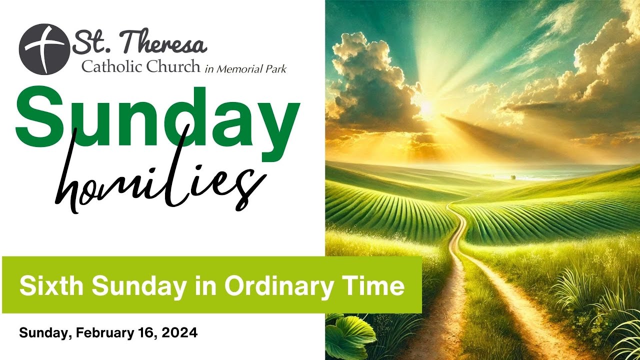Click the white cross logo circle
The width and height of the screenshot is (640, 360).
click(44, 49)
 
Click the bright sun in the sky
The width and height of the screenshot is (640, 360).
click(426, 106)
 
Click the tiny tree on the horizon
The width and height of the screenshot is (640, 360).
click(512, 176)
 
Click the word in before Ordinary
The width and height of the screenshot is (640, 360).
click(211, 286)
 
